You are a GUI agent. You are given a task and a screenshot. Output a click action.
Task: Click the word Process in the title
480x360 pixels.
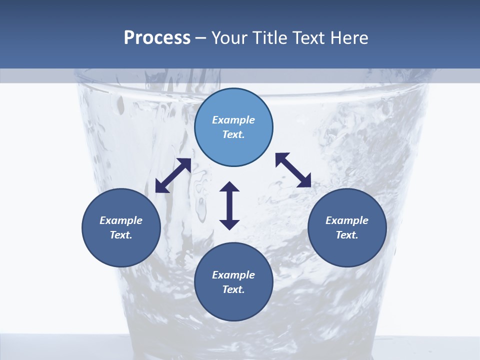[157, 38]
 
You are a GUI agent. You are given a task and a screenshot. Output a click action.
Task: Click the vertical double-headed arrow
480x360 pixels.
[229, 205]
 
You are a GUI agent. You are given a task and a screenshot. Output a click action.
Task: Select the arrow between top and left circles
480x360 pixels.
[173, 175]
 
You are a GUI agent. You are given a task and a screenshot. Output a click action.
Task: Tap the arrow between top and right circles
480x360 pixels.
[293, 170]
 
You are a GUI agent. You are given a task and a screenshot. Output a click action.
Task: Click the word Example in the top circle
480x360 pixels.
[233, 120]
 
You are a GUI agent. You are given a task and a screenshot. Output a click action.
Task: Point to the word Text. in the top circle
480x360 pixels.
[233, 134]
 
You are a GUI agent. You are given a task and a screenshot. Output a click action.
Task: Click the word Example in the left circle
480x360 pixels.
[121, 220]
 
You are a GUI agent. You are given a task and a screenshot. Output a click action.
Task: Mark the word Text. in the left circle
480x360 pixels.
[121, 235]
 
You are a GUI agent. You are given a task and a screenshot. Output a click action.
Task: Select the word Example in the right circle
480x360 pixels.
[347, 220]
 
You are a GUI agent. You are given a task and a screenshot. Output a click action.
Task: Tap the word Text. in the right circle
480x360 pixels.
[347, 235]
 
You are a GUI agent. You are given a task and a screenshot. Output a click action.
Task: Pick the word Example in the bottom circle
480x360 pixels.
[233, 275]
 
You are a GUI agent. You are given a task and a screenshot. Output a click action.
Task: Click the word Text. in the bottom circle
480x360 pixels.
[233, 289]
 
